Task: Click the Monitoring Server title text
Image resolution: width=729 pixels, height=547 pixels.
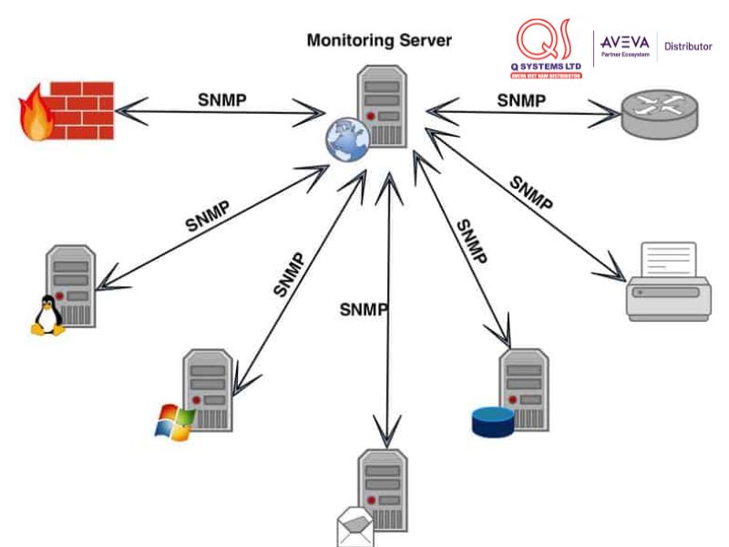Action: coord(379,40)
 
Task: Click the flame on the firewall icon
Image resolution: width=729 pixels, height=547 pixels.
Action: coord(36,115)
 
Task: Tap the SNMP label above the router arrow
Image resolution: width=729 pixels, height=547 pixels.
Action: coord(521,100)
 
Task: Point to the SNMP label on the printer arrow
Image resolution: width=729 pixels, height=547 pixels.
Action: coord(531,193)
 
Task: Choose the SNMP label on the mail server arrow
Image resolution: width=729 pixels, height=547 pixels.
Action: coord(364,309)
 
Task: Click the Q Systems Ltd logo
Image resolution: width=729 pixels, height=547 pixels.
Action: coord(549,49)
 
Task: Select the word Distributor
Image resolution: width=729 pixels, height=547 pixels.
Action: coord(688,46)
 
